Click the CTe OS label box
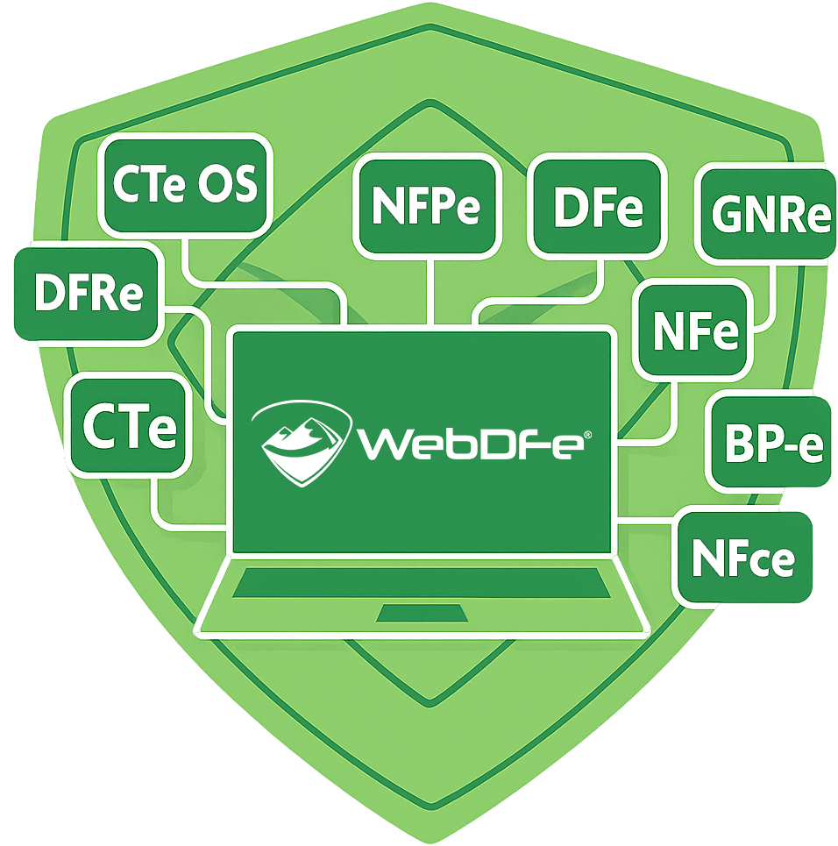[185, 186]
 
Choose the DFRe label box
[88, 295]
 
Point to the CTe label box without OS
[129, 426]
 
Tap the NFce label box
[743, 558]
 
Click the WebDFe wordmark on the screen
[469, 443]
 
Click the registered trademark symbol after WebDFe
[587, 433]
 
